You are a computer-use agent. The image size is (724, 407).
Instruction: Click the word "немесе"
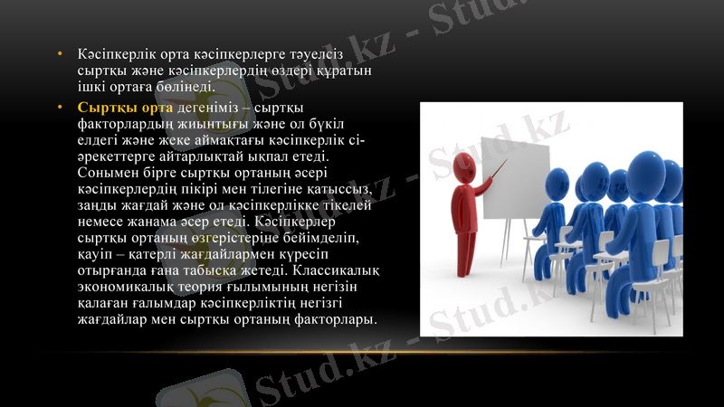pos(104,222)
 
